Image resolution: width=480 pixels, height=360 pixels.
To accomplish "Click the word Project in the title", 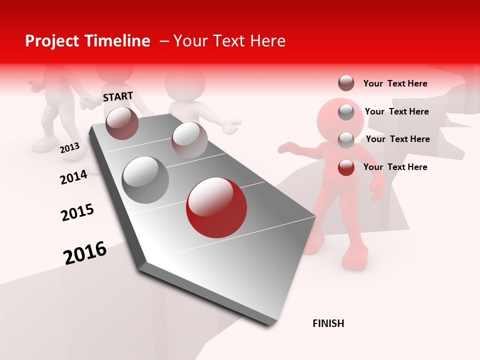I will click(x=52, y=41).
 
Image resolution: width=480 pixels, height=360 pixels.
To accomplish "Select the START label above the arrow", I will click(x=118, y=96).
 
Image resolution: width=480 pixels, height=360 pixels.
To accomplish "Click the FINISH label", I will click(x=328, y=323).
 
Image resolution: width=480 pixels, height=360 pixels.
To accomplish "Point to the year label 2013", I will click(x=69, y=148).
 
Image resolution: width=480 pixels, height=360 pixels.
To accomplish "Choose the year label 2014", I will click(x=73, y=177).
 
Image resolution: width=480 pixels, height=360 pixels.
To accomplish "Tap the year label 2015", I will click(x=77, y=212).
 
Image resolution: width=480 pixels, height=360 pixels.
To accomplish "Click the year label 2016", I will click(x=85, y=252).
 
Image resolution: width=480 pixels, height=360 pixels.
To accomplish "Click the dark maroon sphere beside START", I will click(x=122, y=123).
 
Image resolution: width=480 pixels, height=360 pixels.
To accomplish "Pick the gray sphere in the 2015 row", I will click(x=145, y=179).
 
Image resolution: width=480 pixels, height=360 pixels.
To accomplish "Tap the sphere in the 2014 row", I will click(x=189, y=139).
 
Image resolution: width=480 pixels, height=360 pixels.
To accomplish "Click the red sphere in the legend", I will click(x=346, y=167).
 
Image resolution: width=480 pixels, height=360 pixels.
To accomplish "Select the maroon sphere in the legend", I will click(x=346, y=83).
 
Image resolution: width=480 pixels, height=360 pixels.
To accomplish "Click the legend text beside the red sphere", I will click(x=395, y=167).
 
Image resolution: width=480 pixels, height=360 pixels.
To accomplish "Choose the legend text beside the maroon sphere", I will click(x=395, y=83).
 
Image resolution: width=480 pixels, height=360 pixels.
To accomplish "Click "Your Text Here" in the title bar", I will click(x=229, y=41).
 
